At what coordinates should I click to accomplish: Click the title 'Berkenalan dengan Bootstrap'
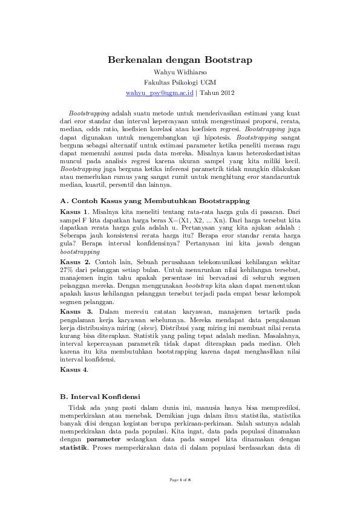pos(180,60)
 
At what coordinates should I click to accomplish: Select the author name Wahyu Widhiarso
pos(180,72)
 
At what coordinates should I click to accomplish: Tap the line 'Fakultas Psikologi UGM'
pos(180,82)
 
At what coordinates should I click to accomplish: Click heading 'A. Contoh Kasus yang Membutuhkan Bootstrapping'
pos(155,199)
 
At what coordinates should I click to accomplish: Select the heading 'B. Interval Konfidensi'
pos(100,397)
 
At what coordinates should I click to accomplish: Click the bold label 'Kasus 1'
pos(75,212)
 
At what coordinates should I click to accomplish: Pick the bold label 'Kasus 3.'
pos(76,311)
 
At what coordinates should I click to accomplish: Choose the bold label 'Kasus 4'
pos(75,369)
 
